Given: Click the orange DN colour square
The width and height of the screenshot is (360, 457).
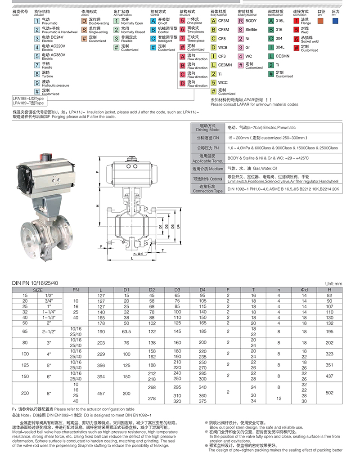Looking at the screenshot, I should pyautogui.click(x=320, y=20).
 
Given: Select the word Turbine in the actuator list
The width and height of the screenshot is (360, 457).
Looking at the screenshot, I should pyautogui.click(x=47, y=76).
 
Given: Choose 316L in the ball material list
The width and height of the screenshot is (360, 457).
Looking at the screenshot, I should pyautogui.click(x=279, y=21).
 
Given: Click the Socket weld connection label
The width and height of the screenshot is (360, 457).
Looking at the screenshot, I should pyautogui.click(x=309, y=41).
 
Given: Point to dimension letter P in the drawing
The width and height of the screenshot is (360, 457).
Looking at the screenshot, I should pyautogui.click(x=97, y=171).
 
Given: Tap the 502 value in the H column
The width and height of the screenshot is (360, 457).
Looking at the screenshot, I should pyautogui.click(x=330, y=392).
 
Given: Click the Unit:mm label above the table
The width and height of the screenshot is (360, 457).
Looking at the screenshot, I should pyautogui.click(x=333, y=283).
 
